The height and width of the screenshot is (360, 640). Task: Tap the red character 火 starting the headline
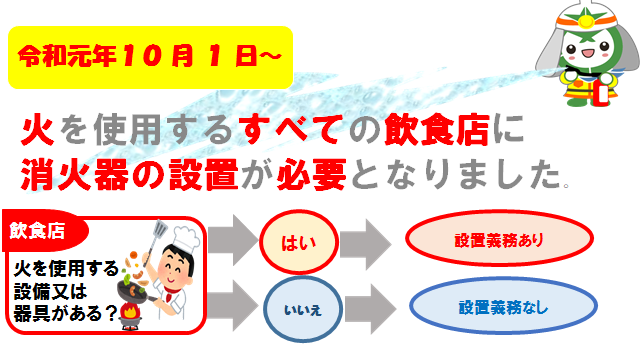pyautogui.click(x=38, y=131)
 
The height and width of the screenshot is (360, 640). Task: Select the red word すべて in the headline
pyautogui.click(x=281, y=131)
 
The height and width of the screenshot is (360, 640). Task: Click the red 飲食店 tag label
pyautogui.click(x=38, y=231)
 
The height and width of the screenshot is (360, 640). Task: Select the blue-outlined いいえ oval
pyautogui.click(x=296, y=307)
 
